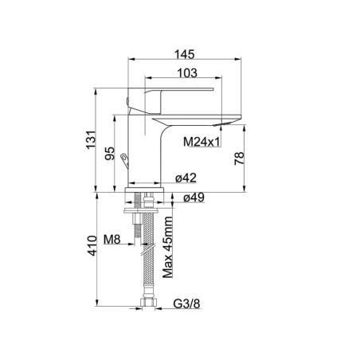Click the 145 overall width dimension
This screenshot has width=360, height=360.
click(184, 54)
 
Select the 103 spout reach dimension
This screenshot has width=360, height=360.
click(187, 73)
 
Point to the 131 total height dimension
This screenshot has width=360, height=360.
click(91, 139)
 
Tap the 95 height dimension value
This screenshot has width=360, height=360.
click(110, 154)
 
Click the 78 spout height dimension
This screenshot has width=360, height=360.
click(239, 158)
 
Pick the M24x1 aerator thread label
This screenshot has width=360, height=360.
click(202, 142)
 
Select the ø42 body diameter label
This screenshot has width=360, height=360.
click(186, 178)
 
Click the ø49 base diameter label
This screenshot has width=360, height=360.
click(194, 198)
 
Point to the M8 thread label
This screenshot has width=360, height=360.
click(112, 240)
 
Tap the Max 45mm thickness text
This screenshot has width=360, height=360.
click(168, 247)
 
